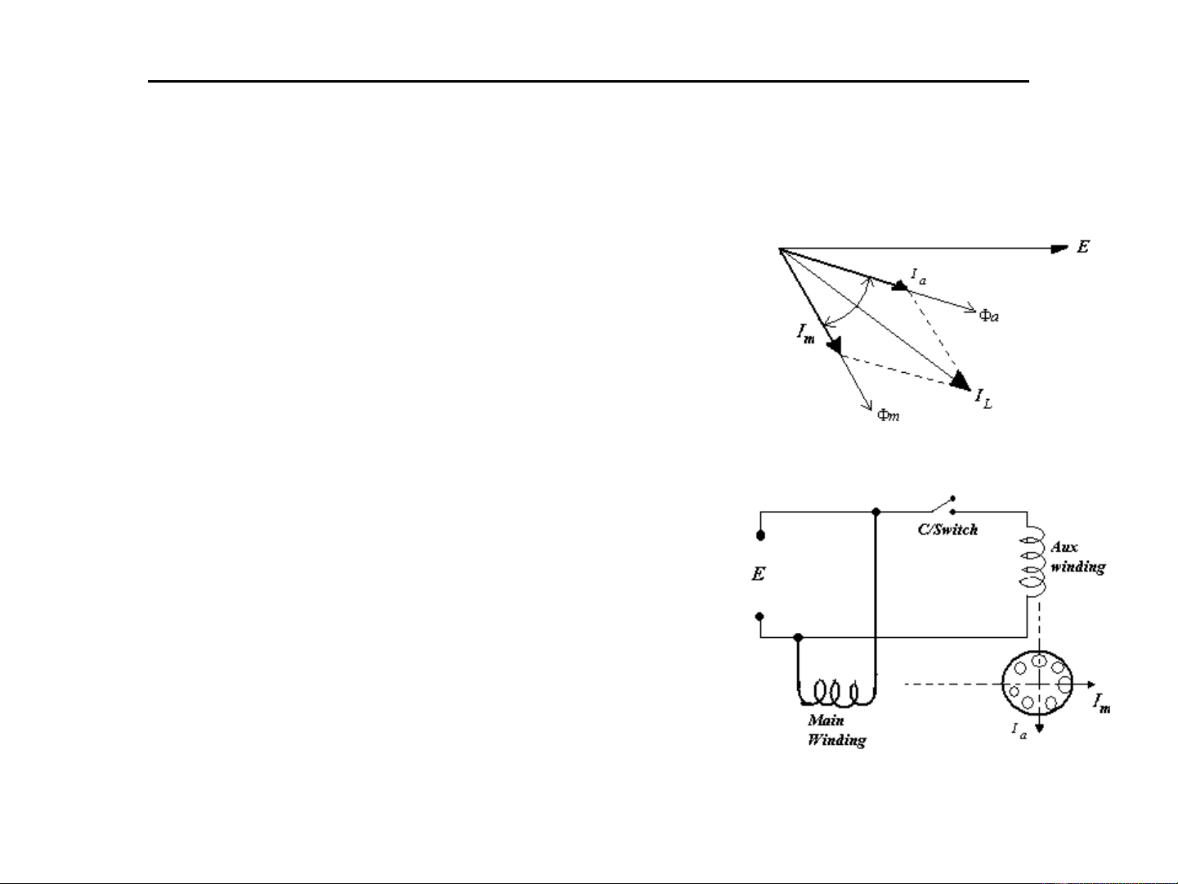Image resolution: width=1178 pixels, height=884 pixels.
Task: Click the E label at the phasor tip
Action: [1082, 246]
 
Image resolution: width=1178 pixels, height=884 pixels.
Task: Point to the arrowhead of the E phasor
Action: [1059, 249]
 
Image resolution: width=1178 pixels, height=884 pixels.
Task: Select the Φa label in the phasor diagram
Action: [988, 315]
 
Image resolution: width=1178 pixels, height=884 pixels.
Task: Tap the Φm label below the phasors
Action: [888, 415]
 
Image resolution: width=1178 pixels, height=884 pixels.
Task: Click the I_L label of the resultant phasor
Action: [983, 399]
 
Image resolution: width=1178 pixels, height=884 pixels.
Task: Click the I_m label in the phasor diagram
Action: [806, 333]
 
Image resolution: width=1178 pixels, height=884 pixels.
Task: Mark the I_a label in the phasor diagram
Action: [918, 278]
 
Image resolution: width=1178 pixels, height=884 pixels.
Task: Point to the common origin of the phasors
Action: [779, 249]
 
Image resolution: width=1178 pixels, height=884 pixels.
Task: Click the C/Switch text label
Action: [947, 529]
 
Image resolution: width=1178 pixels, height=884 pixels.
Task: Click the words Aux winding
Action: [1077, 557]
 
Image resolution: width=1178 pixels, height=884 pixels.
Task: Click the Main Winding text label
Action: [836, 730]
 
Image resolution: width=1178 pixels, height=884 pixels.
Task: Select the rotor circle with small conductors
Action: [1038, 684]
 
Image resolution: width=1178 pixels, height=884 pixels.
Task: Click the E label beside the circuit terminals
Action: [759, 574]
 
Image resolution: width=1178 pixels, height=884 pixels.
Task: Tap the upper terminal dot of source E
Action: [761, 536]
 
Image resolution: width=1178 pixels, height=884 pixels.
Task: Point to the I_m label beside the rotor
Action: [1102, 702]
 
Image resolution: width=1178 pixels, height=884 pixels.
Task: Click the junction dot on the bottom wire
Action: [799, 637]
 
